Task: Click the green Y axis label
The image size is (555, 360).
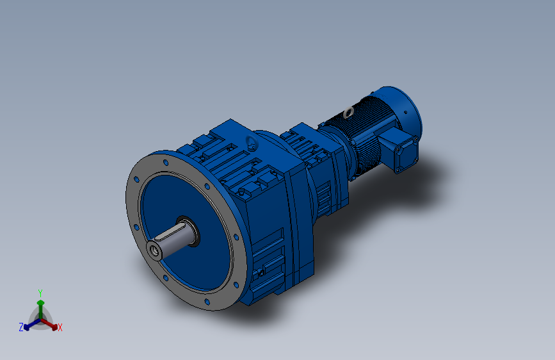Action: pyautogui.click(x=40, y=293)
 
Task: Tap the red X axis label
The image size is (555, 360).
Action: pyautogui.click(x=60, y=327)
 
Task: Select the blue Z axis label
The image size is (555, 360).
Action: pyautogui.click(x=21, y=327)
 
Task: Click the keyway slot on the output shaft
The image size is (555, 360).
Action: pyautogui.click(x=169, y=232)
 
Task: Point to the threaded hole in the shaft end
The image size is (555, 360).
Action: pyautogui.click(x=154, y=250)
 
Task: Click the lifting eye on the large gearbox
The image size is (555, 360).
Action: pyautogui.click(x=252, y=142)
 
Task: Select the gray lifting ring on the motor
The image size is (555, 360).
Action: pyautogui.click(x=349, y=112)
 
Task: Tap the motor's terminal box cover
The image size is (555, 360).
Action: pyautogui.click(x=406, y=155)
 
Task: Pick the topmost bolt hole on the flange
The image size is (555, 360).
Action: pyautogui.click(x=166, y=163)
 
